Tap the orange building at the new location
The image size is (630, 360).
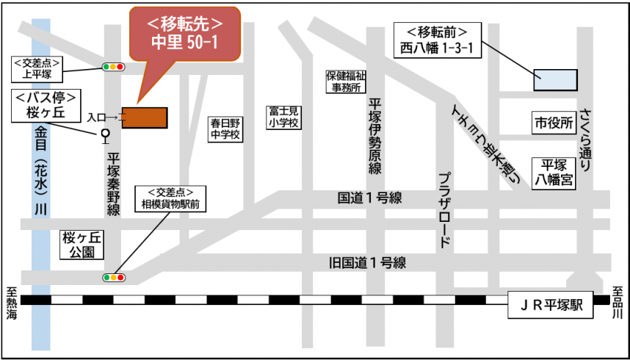[145, 118]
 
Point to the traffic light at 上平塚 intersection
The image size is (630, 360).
[113, 68]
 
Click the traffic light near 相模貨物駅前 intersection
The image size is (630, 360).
[113, 278]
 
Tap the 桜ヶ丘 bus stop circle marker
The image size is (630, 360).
[104, 134]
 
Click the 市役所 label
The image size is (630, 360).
[554, 123]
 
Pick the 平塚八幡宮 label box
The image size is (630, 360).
[554, 172]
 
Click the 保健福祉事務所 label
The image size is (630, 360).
[346, 82]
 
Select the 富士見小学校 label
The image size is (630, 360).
[283, 118]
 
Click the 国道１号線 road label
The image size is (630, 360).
[369, 198]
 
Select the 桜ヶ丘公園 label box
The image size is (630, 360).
[81, 245]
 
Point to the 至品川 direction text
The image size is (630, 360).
[618, 302]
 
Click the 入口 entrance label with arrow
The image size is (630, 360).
[103, 117]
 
